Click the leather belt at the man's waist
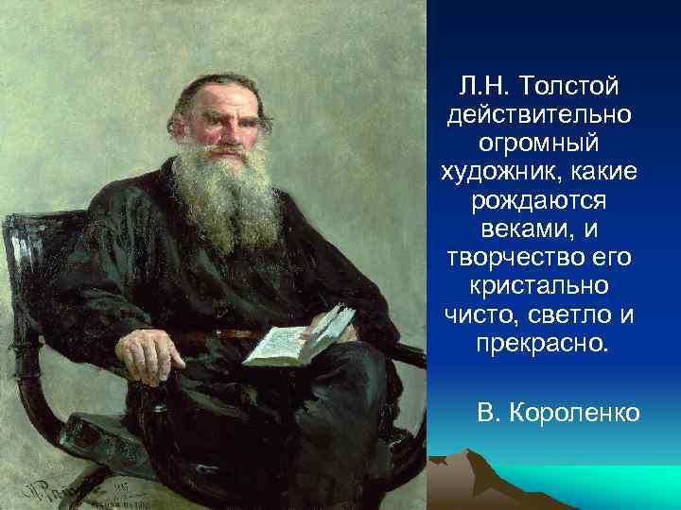point(218,333)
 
